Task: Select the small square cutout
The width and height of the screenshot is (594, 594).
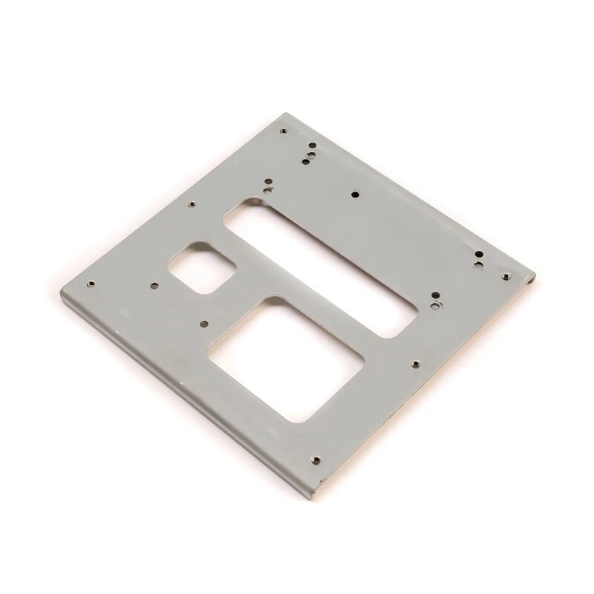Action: coord(203,266)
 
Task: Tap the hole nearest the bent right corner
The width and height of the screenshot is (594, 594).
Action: coord(506,276)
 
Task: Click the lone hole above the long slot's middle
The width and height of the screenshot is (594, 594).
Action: coord(355,194)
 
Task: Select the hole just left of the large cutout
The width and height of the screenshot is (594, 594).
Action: coord(202,324)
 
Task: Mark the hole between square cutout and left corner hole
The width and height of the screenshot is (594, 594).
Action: coord(154,284)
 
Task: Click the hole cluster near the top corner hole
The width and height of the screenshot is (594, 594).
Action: coord(308,154)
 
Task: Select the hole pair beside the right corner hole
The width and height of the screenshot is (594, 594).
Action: coord(480,259)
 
